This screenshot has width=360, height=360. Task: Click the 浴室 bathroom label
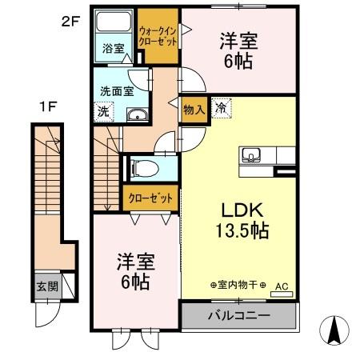click(113, 49)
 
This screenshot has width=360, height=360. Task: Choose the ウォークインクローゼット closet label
click(158, 35)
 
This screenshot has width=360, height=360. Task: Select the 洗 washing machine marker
click(102, 112)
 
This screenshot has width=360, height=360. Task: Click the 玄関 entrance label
click(45, 285)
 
